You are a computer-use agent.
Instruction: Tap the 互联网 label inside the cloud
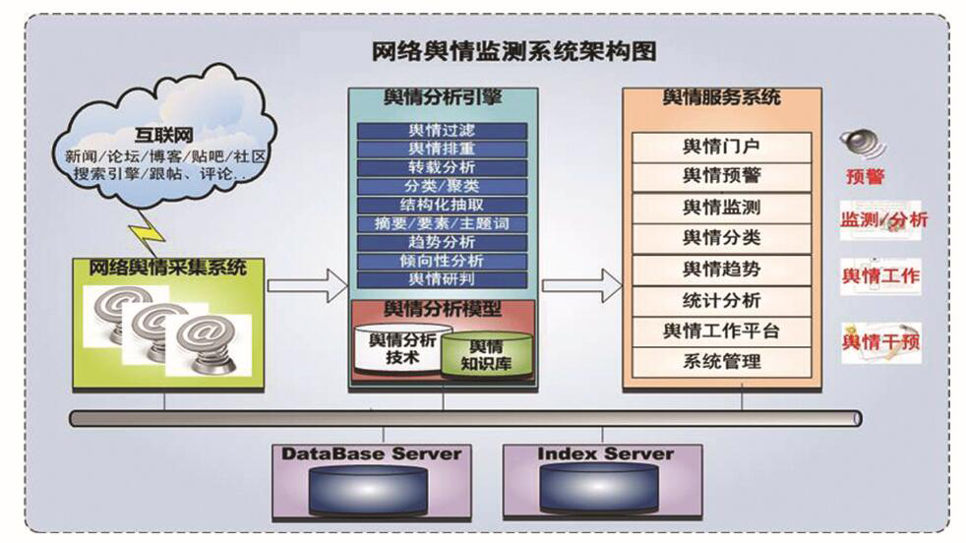[163, 135]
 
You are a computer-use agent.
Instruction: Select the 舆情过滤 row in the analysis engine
[442, 131]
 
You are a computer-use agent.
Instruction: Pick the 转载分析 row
[442, 167]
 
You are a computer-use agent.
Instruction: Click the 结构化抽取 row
[442, 205]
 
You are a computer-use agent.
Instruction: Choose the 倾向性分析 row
[442, 261]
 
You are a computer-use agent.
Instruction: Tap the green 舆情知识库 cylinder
[485, 356]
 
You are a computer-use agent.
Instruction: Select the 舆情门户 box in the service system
[721, 148]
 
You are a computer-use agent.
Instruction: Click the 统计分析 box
[721, 300]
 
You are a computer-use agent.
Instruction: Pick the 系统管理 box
[721, 361]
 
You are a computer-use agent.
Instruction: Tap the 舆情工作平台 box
[721, 331]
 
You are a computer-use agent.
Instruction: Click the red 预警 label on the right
[865, 177]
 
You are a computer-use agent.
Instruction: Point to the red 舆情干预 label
[880, 342]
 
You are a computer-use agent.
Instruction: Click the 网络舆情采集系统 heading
[168, 268]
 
